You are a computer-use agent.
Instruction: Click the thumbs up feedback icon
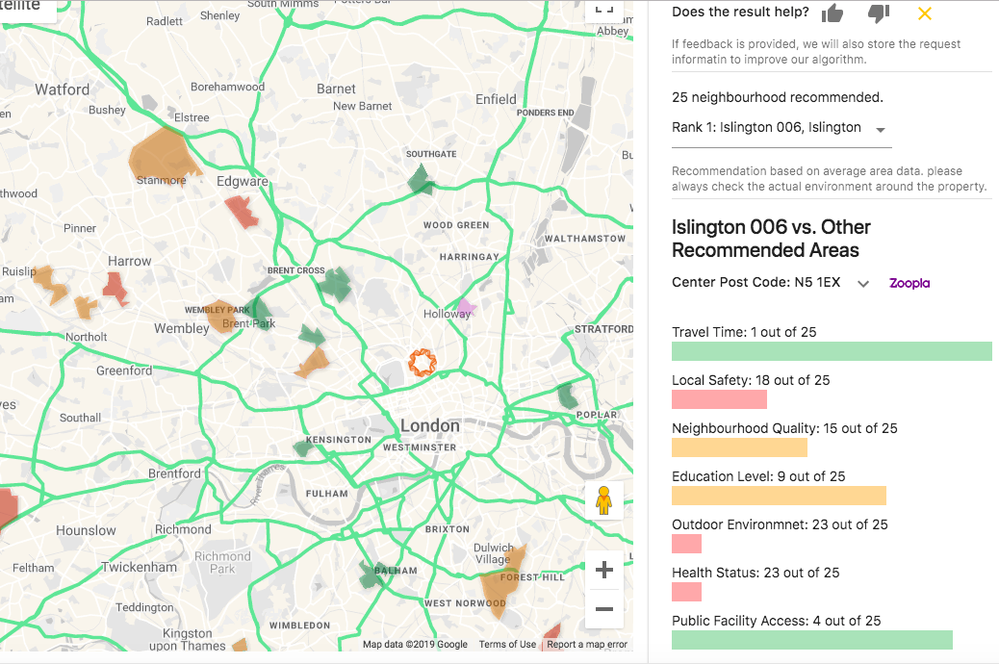[832, 13]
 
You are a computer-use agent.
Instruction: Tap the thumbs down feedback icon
[878, 13]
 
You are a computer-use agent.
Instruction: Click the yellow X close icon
[924, 13]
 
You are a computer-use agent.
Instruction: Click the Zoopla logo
[909, 283]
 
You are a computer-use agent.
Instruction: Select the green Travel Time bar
[832, 351]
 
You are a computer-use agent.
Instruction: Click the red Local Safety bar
[719, 399]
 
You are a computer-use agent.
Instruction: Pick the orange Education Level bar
[779, 496]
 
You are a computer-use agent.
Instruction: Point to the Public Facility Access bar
[811, 640]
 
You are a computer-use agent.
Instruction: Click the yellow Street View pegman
[604, 500]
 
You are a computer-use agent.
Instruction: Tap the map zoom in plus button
[604, 571]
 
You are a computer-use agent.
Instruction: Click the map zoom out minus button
[604, 609]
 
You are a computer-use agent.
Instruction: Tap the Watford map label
[62, 89]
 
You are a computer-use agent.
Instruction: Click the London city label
[429, 425]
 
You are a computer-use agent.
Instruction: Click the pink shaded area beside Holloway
[466, 308]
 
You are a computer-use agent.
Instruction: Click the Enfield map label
[496, 98]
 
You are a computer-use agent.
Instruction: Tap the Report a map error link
[587, 645]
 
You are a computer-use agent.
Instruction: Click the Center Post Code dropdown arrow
[863, 284]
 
